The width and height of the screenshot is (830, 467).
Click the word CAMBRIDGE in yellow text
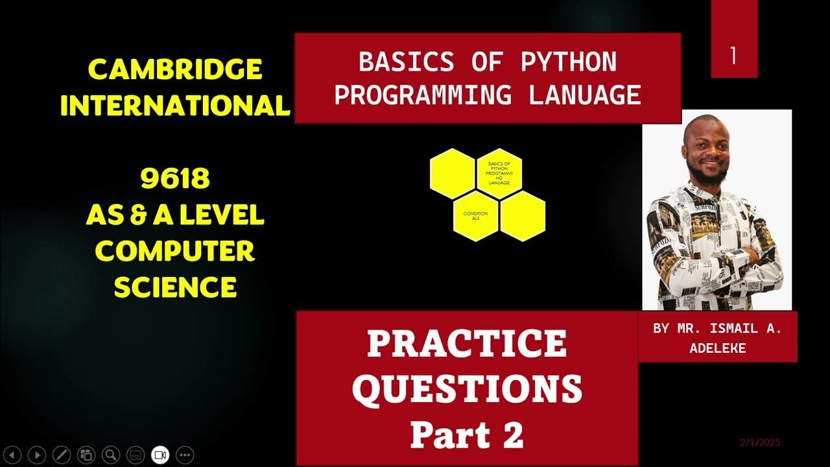174,69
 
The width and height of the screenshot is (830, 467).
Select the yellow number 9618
175,179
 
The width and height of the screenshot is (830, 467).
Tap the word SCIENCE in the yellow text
175,287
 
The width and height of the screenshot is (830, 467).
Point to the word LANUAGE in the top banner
585,95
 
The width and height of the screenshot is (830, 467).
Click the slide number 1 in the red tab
733,56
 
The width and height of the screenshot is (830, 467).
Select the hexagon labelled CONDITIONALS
475,216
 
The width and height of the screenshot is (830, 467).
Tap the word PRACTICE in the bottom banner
467,344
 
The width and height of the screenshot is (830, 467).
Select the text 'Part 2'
467,435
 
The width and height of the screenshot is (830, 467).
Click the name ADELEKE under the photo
717,348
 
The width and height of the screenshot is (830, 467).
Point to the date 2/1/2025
760,443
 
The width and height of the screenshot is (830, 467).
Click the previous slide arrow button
13,455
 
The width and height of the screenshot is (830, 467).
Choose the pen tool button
62,455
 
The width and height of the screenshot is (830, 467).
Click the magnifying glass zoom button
111,455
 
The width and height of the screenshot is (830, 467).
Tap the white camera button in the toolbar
160,455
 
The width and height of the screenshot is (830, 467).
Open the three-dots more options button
185,455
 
